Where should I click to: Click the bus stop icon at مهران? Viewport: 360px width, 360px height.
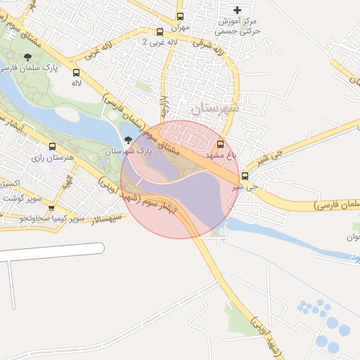point(181,16)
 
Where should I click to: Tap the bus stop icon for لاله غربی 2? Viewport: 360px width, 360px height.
point(160,32)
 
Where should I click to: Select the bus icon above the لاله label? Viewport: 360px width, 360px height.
point(76,72)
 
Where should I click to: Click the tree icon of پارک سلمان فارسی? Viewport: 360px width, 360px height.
point(27,56)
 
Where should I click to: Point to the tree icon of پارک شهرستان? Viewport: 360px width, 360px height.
point(127,139)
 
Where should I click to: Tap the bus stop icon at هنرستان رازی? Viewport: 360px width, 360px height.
point(52,146)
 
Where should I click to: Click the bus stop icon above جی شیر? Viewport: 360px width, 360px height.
point(245,176)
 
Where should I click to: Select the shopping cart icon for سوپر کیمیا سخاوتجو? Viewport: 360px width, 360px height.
point(51,208)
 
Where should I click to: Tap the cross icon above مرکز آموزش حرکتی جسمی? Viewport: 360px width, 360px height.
point(237,10)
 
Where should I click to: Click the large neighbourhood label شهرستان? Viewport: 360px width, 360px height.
point(214,108)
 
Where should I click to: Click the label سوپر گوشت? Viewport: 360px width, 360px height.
point(23,198)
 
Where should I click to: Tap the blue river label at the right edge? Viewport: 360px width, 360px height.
point(354,258)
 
